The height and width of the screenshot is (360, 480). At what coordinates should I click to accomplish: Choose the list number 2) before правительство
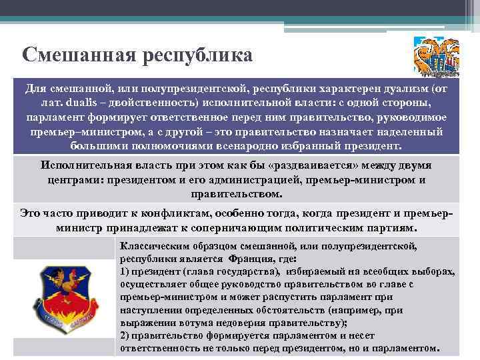coord(125,335)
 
